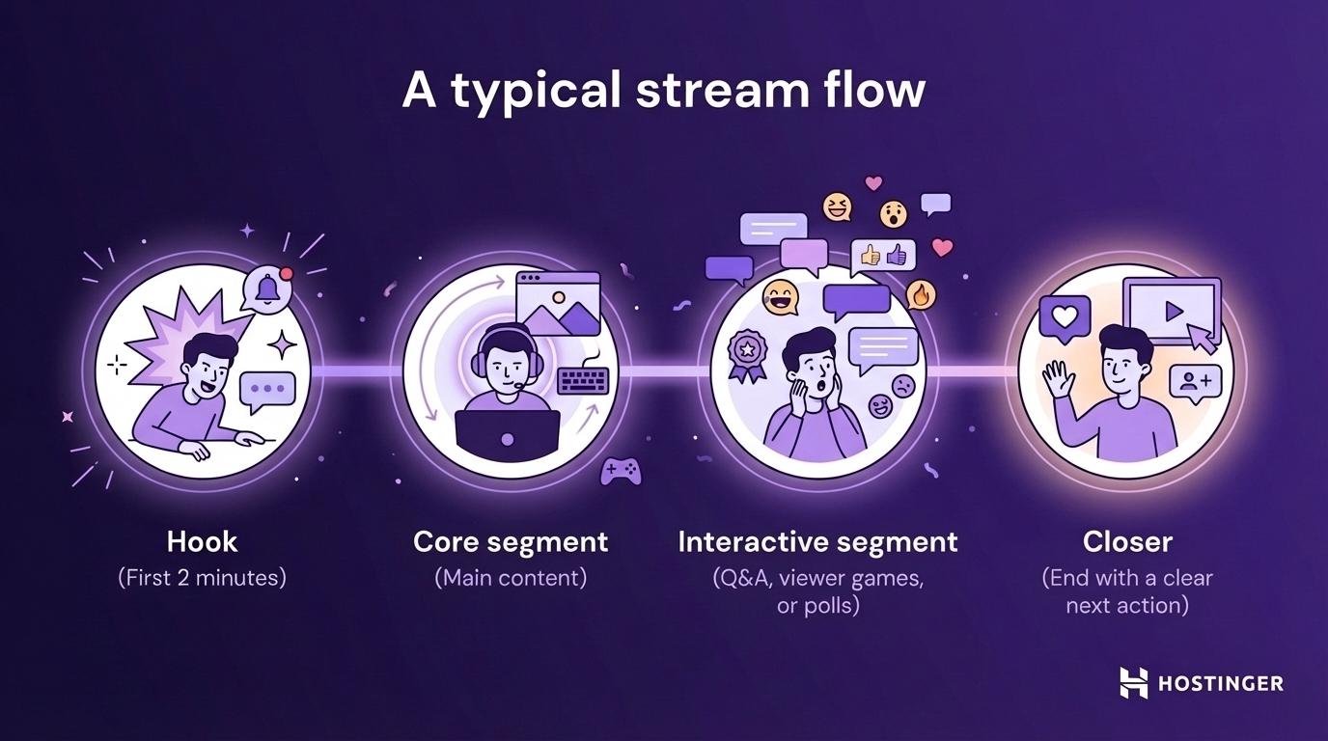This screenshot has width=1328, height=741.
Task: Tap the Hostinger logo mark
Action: [1133, 682]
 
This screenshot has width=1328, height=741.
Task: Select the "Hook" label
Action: [202, 541]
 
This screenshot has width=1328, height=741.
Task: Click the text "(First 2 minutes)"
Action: [202, 578]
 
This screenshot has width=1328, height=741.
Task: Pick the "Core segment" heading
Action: [511, 541]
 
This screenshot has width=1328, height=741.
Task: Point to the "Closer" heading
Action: [1127, 541]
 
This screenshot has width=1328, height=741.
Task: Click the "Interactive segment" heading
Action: [817, 541]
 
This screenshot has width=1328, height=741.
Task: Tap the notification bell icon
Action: [265, 288]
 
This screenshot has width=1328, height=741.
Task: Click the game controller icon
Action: [621, 470]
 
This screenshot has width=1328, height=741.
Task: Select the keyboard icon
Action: [582, 381]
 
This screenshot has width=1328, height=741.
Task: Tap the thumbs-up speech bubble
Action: [884, 255]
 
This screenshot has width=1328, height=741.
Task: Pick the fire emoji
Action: [922, 293]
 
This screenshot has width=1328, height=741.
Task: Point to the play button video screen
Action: [1171, 310]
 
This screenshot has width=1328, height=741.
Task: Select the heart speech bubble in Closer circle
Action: [1065, 316]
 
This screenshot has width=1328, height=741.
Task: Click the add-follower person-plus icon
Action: [1196, 381]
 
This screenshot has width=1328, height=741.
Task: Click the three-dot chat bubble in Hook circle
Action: [267, 390]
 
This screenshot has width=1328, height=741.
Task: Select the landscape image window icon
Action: [558, 302]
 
